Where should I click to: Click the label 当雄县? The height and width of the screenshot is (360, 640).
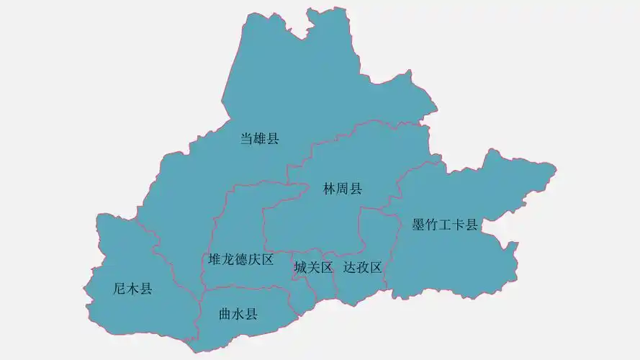tap(259, 139)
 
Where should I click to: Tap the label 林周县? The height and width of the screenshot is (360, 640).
tap(343, 189)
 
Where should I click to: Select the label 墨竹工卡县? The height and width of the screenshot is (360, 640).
tap(445, 225)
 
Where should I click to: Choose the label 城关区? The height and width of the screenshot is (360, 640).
tap(313, 268)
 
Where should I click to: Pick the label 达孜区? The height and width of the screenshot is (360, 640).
tap(362, 268)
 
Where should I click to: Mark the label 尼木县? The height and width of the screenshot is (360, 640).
tap(133, 289)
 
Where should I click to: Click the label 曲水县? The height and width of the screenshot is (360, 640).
tap(238, 314)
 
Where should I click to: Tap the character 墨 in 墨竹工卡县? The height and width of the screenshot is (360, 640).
tap(418, 225)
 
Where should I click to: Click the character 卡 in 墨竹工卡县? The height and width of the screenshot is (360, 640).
tap(458, 225)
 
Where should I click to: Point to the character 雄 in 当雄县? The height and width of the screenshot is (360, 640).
tap(259, 139)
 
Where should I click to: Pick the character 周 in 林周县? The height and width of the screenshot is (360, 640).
tap(343, 189)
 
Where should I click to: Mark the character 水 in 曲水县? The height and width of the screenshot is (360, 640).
tap(238, 314)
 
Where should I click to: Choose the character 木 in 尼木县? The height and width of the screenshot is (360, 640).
tap(133, 289)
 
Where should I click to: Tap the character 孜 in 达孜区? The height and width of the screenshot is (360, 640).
tap(362, 268)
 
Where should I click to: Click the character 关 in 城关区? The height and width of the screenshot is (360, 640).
tap(313, 268)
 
